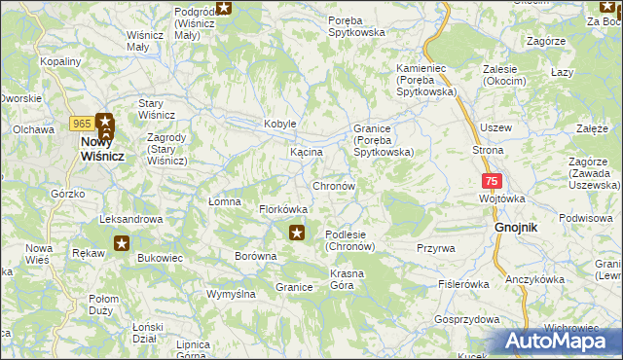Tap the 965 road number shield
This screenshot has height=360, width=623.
(x=81, y=122)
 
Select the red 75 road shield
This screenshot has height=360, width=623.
(x=493, y=181)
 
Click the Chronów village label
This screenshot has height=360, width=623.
(x=333, y=185)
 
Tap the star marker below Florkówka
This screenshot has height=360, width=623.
(x=297, y=232)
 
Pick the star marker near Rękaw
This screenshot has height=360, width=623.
(x=122, y=243)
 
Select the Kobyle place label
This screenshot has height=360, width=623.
(x=280, y=124)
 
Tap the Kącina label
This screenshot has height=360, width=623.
(x=307, y=153)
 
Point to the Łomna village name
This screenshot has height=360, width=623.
(x=224, y=201)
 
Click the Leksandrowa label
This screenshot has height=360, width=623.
(x=130, y=219)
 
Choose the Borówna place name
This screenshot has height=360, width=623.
(x=256, y=257)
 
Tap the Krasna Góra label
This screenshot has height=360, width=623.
(x=348, y=279)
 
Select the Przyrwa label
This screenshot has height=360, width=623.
(x=436, y=248)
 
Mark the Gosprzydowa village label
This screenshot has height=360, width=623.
(x=467, y=319)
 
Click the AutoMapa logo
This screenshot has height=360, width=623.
(x=556, y=342)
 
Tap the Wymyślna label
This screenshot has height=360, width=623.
(x=232, y=293)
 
